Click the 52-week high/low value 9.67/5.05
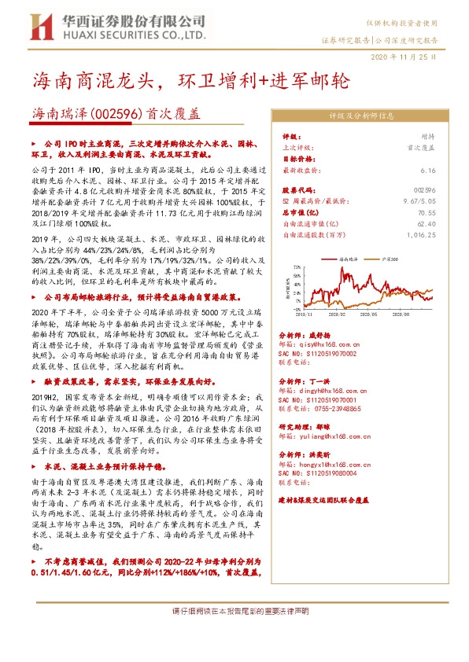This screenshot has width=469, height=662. point(419,201)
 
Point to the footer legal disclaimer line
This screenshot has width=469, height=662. point(234,611)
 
